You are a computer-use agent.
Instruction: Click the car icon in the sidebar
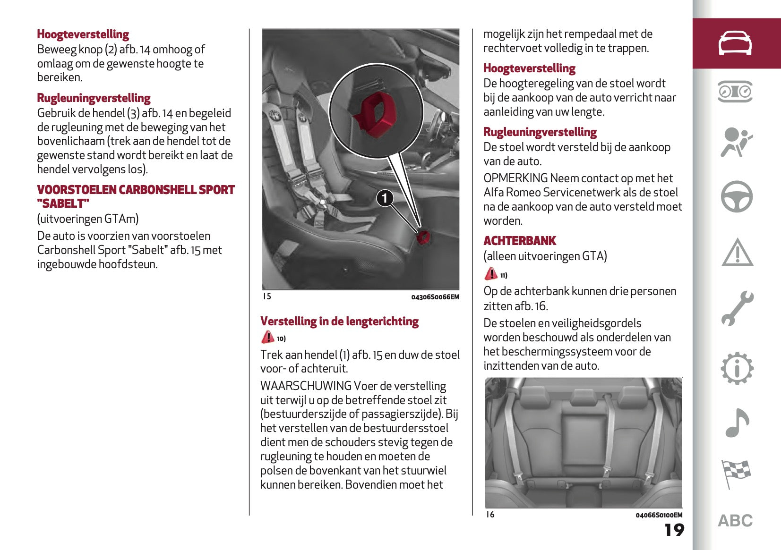tap(735, 43)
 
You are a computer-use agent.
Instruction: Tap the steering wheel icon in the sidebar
tap(737, 196)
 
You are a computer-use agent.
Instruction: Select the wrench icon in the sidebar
tap(737, 308)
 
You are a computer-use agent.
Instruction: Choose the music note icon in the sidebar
tap(737, 423)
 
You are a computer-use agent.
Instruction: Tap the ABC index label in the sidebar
tap(735, 521)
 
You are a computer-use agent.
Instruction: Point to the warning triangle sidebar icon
tap(737, 253)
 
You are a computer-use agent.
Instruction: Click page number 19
tap(674, 530)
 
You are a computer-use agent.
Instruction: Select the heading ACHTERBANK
tap(520, 241)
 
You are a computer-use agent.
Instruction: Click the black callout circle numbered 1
tap(385, 198)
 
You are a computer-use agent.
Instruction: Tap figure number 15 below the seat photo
tap(267, 296)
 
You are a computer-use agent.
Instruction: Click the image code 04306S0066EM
tap(435, 297)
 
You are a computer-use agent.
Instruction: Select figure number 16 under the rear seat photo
tap(490, 515)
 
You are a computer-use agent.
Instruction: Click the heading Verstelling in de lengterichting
tap(339, 322)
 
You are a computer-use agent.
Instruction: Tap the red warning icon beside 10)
tap(267, 337)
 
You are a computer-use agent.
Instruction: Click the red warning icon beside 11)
tap(491, 274)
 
